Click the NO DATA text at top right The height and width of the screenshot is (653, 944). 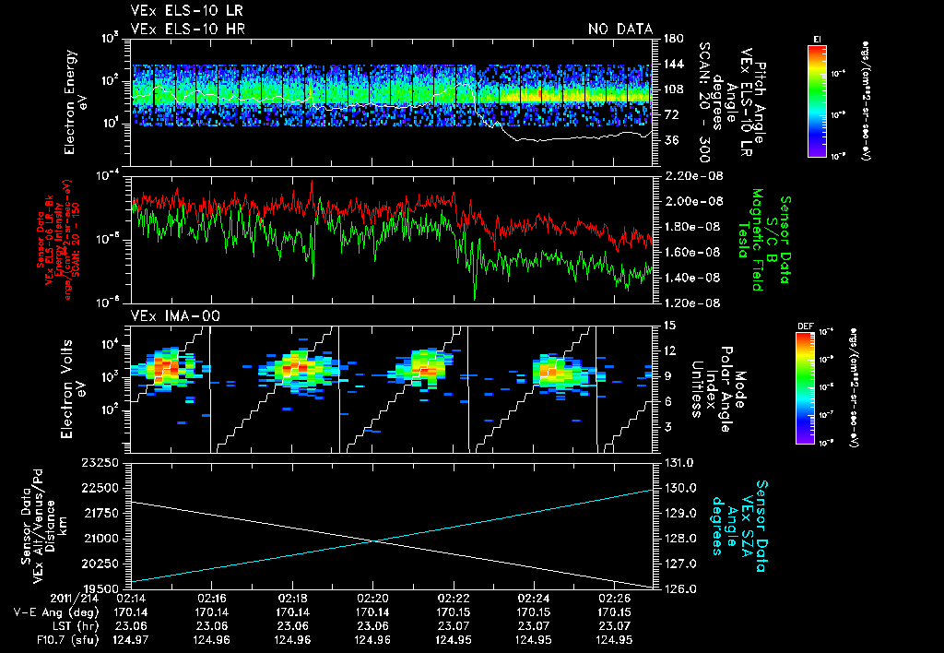coord(620,29)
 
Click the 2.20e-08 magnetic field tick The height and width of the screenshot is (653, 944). coord(690,175)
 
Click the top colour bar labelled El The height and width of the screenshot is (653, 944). coord(817,99)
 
